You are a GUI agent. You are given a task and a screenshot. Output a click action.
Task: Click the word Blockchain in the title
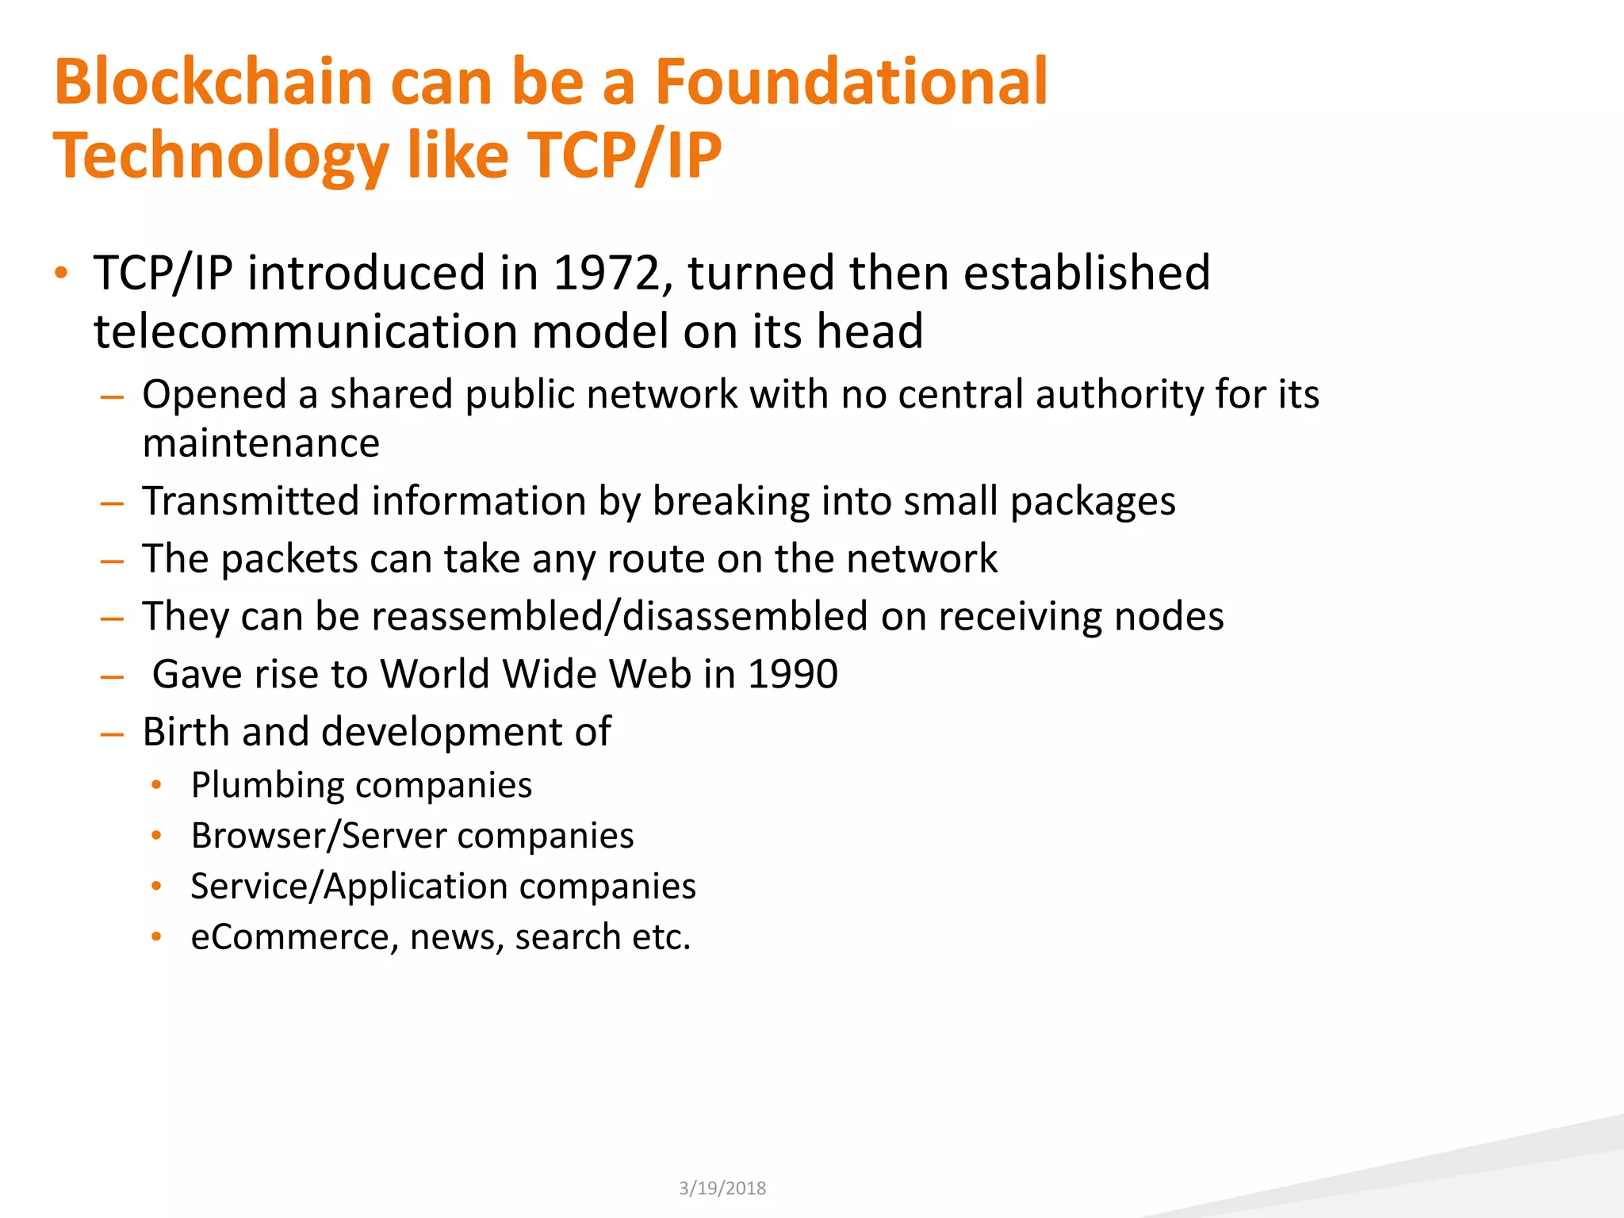(213, 82)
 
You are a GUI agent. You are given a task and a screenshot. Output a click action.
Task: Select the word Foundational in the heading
(851, 82)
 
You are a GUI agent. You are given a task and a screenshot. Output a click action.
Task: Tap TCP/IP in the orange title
(624, 155)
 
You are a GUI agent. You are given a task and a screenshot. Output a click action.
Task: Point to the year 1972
(607, 273)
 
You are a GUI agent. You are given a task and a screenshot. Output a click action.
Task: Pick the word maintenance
(261, 443)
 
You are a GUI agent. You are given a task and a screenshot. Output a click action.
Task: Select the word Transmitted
(251, 501)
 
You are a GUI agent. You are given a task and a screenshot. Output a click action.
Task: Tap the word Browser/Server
(318, 836)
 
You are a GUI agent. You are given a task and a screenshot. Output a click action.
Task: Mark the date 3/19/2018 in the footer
(722, 1188)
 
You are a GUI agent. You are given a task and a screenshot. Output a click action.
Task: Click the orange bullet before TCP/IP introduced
(61, 274)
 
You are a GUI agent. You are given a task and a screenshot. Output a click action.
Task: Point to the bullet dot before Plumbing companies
(157, 785)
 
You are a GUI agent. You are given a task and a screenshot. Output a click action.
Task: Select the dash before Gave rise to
(113, 677)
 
